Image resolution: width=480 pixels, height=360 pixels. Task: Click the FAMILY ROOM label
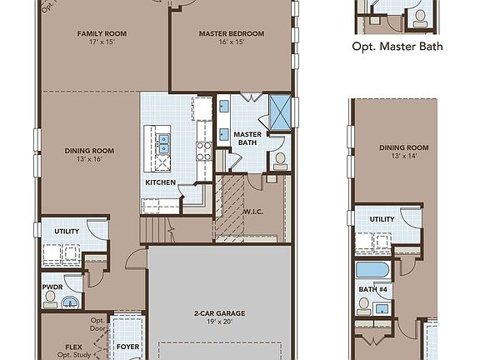pos(101,34)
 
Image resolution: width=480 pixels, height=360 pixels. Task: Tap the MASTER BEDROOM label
pos(231,34)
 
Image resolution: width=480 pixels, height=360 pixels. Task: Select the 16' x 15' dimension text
pos(231,43)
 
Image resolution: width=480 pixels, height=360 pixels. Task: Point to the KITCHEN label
pos(160,182)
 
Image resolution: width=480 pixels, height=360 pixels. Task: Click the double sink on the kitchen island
pos(164,144)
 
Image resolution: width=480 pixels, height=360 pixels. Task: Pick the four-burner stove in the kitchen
pos(202,150)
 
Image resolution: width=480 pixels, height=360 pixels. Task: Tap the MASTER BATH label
pos(247,138)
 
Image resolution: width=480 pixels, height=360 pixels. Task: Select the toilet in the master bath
pos(280,159)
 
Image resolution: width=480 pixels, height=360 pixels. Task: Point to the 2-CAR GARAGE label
pos(220,314)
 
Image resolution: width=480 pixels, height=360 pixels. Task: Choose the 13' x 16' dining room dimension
pos(89,160)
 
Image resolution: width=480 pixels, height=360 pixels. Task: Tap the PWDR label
pos(52,284)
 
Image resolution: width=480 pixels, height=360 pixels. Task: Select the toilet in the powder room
pos(51,297)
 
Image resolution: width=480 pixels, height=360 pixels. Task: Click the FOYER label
pos(127,346)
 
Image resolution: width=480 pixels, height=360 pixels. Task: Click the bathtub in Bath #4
pos(372,272)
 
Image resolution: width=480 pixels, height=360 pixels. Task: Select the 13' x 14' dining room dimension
pos(397,156)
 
